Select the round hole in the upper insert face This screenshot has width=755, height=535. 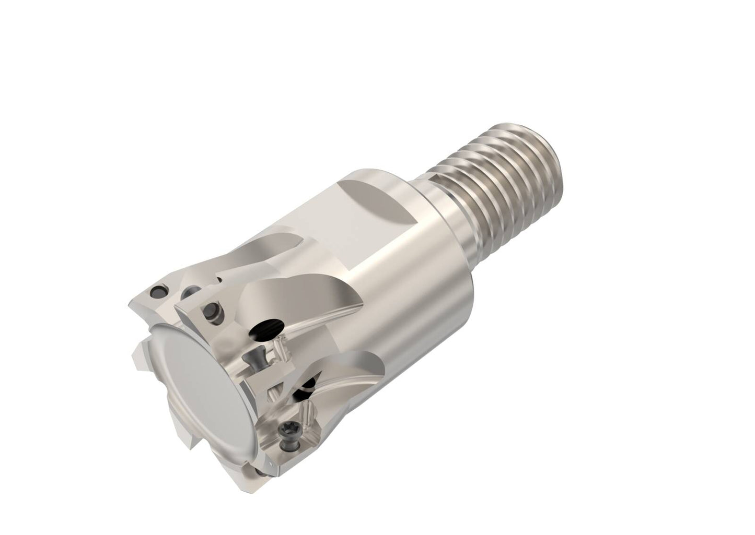pyautogui.click(x=213, y=308)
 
